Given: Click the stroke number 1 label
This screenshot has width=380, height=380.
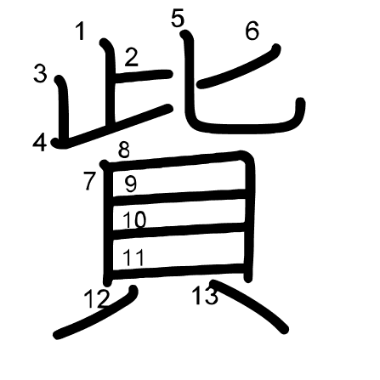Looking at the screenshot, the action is (x=81, y=31).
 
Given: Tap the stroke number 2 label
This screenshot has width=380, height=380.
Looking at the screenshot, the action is (x=132, y=58).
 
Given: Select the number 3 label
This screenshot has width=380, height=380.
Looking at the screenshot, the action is (x=40, y=73).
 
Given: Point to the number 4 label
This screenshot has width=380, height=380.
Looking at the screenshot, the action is (x=40, y=143).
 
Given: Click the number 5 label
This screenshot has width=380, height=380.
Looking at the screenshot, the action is (x=178, y=19).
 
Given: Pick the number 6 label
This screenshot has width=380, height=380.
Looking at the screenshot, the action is (x=252, y=31).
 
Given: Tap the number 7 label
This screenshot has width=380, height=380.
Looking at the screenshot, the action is (x=90, y=181).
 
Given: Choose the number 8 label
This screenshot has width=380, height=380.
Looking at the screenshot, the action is (x=124, y=150).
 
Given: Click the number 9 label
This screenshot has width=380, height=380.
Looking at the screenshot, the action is (x=131, y=184).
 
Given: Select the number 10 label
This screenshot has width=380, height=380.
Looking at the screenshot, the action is (x=134, y=219).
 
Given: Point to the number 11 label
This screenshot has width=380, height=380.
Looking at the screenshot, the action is (x=133, y=258).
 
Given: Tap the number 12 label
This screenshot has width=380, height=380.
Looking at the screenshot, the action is (x=96, y=299).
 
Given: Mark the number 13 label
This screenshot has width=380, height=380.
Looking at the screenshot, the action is (x=205, y=295).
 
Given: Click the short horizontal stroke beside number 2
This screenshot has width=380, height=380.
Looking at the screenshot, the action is (x=143, y=77).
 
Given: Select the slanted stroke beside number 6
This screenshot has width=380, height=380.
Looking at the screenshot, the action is (x=239, y=66).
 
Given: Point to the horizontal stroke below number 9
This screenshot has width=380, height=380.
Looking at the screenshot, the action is (x=179, y=196).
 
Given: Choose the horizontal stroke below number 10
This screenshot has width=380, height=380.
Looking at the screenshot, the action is (x=179, y=230).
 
